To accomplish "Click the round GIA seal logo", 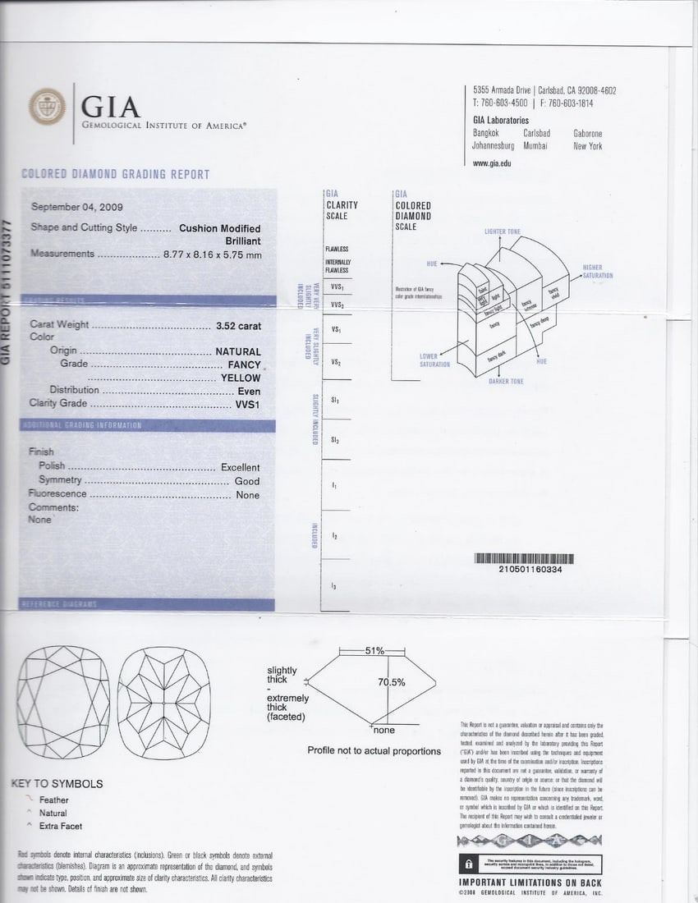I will [x=48, y=107].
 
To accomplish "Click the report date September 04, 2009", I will [x=76, y=207].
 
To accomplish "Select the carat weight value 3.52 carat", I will [x=238, y=326].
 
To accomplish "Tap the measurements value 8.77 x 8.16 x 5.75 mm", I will [x=212, y=254].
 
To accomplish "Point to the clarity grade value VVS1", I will [x=247, y=404].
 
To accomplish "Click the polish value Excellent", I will [x=240, y=467].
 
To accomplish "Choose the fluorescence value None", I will [x=247, y=495].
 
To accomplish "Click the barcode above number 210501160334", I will [x=524, y=559].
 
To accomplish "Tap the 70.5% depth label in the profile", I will [x=392, y=682].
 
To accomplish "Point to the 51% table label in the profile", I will [x=374, y=651].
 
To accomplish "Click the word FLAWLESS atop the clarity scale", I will [x=337, y=249].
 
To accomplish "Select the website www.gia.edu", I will [x=492, y=163].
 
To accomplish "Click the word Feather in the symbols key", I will [x=54, y=800].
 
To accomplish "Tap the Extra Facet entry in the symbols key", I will [x=61, y=826].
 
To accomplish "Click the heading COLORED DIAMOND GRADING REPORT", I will [x=115, y=174].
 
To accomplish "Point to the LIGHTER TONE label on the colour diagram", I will [x=502, y=231].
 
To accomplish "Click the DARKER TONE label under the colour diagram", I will [x=506, y=382].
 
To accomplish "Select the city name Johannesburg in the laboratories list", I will [x=494, y=146].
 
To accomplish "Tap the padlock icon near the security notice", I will [x=467, y=864].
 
